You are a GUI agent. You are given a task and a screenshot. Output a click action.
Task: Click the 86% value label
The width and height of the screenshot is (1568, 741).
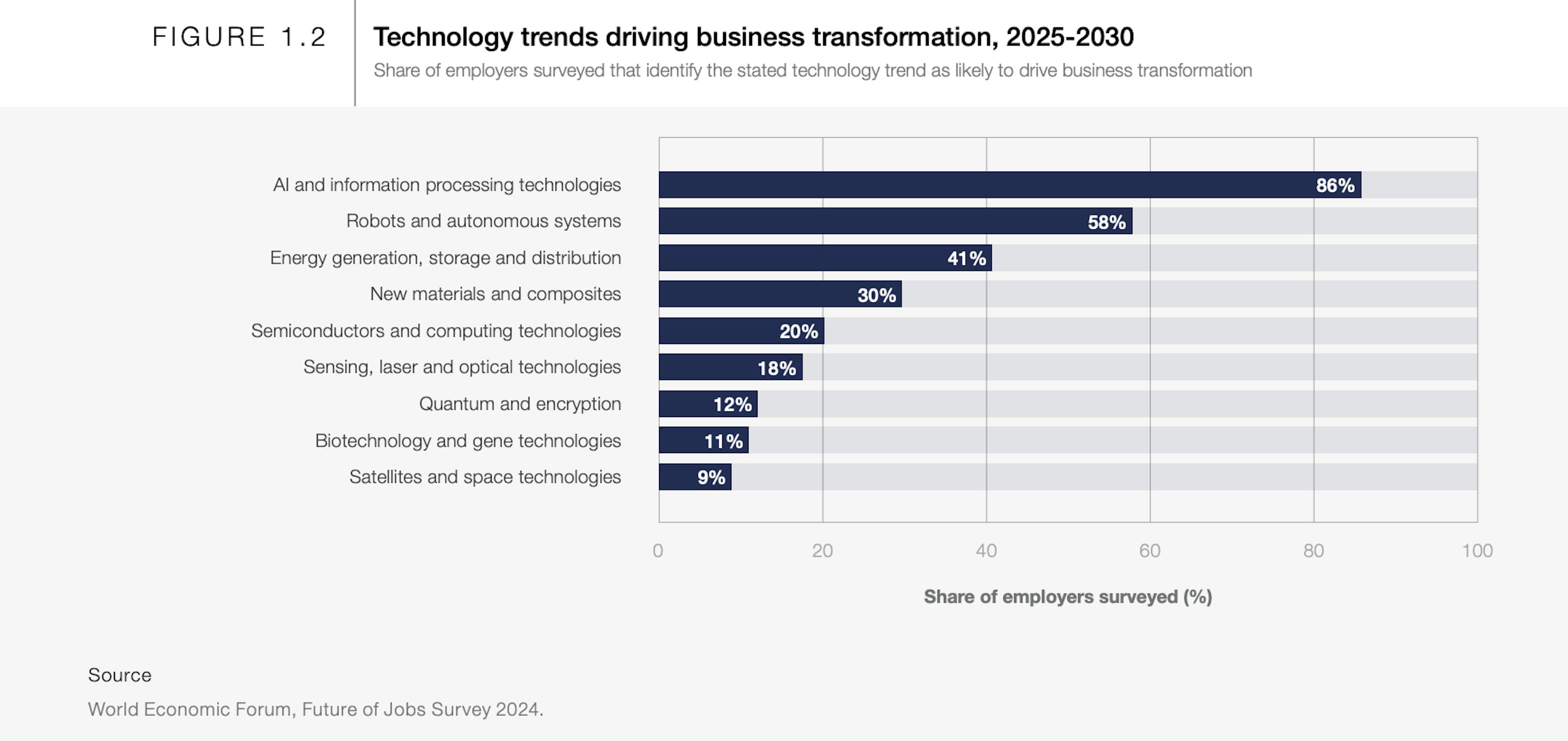click(1335, 185)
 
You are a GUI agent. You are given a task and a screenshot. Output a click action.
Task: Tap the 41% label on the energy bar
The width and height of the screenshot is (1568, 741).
click(966, 258)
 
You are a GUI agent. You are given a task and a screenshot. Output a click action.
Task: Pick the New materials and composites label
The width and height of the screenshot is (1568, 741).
click(495, 294)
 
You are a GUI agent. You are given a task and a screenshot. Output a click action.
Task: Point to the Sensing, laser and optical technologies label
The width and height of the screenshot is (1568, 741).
click(461, 367)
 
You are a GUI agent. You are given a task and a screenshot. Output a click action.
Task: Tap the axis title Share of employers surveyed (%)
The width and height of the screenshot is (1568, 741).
click(1068, 597)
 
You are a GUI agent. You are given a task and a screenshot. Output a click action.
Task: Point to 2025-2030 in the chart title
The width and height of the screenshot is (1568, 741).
click(1069, 37)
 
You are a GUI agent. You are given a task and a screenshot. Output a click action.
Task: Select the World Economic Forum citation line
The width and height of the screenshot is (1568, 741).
click(315, 709)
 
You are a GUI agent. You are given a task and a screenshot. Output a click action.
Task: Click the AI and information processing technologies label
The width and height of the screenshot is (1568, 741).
click(447, 185)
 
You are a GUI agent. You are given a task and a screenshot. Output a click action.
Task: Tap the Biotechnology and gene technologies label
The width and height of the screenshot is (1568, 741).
click(468, 440)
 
